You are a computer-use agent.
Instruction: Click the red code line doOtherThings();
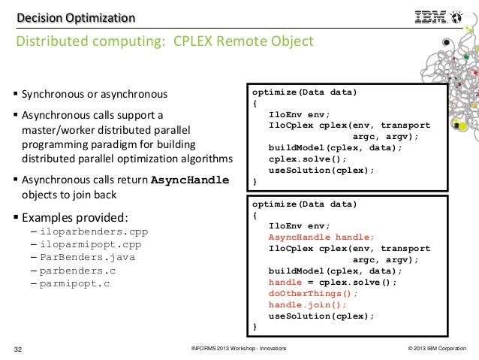pos(313,293)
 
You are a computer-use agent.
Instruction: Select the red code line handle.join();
pos(308,304)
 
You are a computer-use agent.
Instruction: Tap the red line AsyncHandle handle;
pos(315,236)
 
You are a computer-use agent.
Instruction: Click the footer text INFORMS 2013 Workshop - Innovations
pos(239,349)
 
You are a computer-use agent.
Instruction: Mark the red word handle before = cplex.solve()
pos(285,282)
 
